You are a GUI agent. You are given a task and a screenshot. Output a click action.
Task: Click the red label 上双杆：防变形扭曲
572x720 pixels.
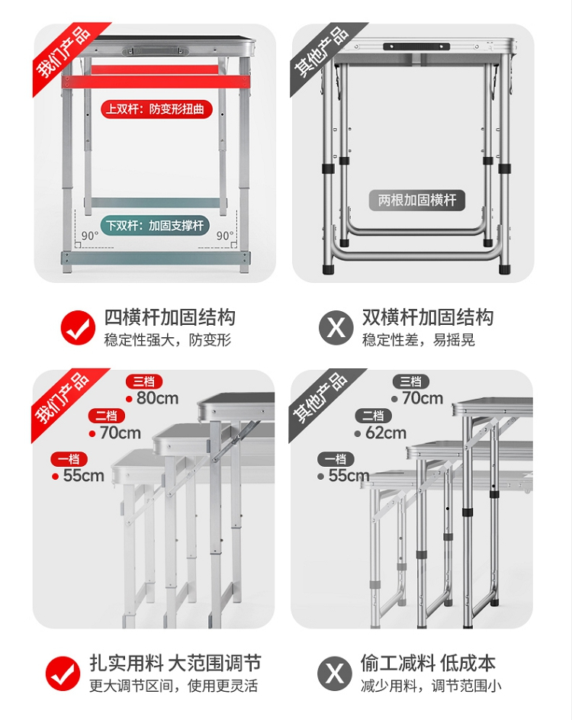pyautogui.click(x=156, y=109)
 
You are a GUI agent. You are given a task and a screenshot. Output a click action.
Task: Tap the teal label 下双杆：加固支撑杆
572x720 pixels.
pyautogui.click(x=155, y=226)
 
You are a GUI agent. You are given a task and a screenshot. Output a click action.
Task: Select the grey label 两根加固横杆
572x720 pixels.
pyautogui.click(x=417, y=200)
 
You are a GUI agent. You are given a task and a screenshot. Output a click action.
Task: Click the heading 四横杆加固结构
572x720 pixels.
pyautogui.click(x=170, y=317)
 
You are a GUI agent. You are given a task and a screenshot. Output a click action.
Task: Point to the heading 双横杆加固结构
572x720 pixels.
pyautogui.click(x=428, y=317)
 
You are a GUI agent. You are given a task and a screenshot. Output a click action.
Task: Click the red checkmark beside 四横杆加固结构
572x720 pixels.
pyautogui.click(x=78, y=327)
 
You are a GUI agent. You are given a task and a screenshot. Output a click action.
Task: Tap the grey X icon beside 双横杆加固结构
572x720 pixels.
pyautogui.click(x=336, y=327)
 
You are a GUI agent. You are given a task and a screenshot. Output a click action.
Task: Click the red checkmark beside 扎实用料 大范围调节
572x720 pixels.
pyautogui.click(x=63, y=673)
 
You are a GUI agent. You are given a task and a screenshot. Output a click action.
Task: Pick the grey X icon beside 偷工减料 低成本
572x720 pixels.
pyautogui.click(x=335, y=673)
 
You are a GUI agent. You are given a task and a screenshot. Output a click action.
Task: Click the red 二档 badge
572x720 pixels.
pyautogui.click(x=107, y=416)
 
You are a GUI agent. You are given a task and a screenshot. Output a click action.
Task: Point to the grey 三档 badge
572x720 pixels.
pyautogui.click(x=411, y=381)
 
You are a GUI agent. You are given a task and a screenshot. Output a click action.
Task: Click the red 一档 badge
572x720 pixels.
pyautogui.click(x=69, y=459)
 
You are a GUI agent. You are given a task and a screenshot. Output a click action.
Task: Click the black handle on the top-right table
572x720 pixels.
pyautogui.click(x=416, y=47)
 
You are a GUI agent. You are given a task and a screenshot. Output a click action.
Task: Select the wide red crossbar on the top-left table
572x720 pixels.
pyautogui.click(x=156, y=82)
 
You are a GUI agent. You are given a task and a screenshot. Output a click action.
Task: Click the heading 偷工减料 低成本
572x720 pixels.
pyautogui.click(x=428, y=664)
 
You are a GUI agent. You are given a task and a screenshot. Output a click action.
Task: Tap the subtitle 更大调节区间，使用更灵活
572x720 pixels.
pyautogui.click(x=174, y=686)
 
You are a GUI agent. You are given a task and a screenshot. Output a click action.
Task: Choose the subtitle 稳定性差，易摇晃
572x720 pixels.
pyautogui.click(x=418, y=340)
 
